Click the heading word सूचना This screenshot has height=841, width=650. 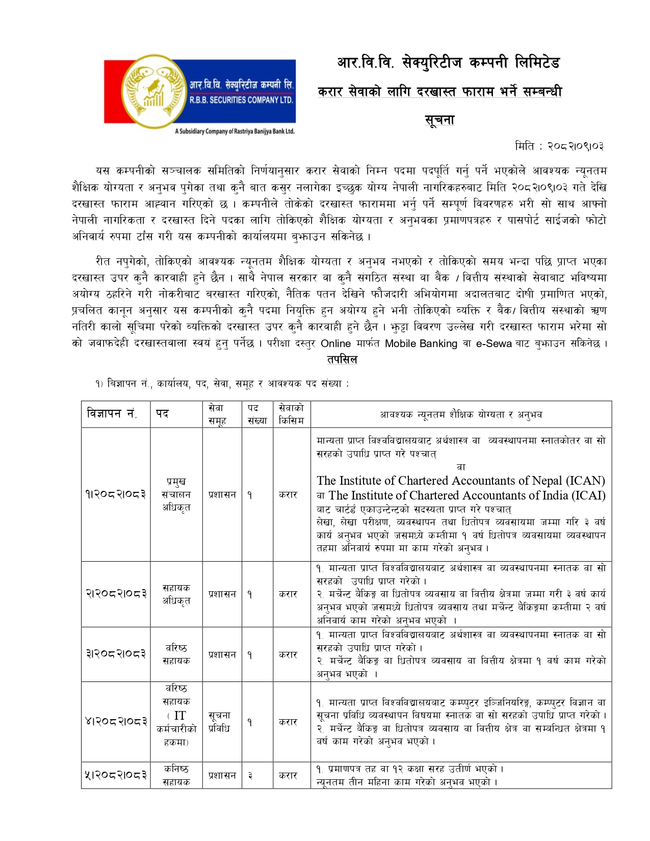point(439,120)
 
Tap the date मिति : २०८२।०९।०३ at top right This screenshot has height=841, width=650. point(559,146)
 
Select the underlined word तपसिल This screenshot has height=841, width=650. point(342,359)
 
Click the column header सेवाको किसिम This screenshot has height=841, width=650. point(291,414)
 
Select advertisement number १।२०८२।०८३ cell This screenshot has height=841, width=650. point(116,494)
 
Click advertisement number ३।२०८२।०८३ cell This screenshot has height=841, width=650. point(116,654)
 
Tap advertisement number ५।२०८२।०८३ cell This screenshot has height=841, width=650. point(116,775)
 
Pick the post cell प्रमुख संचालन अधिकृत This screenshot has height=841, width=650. point(176,494)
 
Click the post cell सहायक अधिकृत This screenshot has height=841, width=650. point(176,594)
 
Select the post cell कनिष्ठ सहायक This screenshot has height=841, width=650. point(176,775)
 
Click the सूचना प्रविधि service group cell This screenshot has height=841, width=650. point(220,722)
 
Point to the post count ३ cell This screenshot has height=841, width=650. point(250,776)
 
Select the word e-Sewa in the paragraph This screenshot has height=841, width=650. point(493,344)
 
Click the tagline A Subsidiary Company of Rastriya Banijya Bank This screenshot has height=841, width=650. point(235,132)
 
